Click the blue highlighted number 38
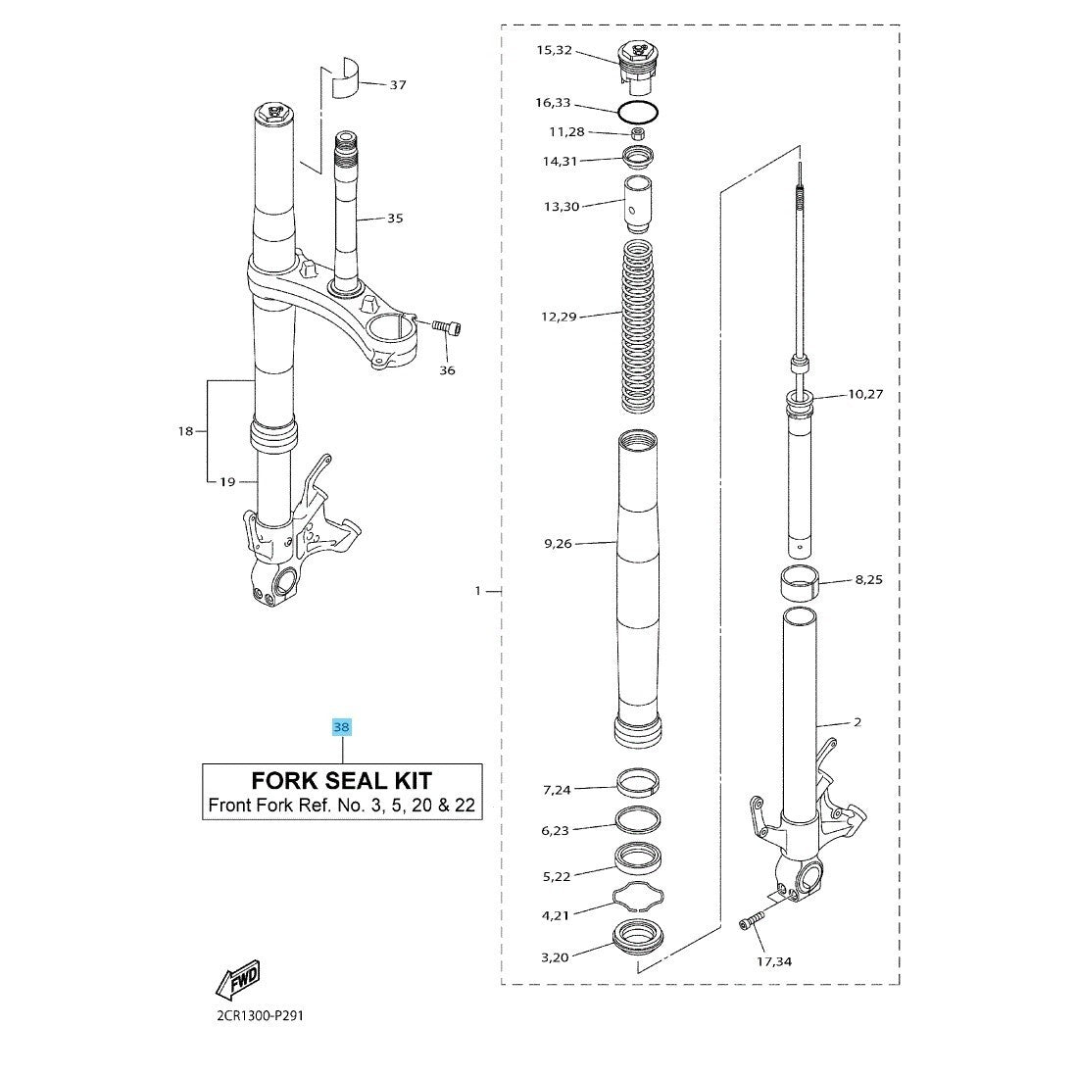(341, 727)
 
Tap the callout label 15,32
(554, 50)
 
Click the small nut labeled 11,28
(638, 133)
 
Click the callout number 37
(398, 85)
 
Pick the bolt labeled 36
(447, 327)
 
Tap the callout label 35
(395, 219)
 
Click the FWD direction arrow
(238, 979)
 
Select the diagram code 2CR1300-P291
(260, 1016)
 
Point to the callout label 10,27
(865, 394)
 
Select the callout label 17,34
(774, 961)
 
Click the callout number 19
(227, 482)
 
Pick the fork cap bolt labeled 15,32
(639, 68)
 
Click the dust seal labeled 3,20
(638, 937)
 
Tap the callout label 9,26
(558, 544)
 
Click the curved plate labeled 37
(345, 78)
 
